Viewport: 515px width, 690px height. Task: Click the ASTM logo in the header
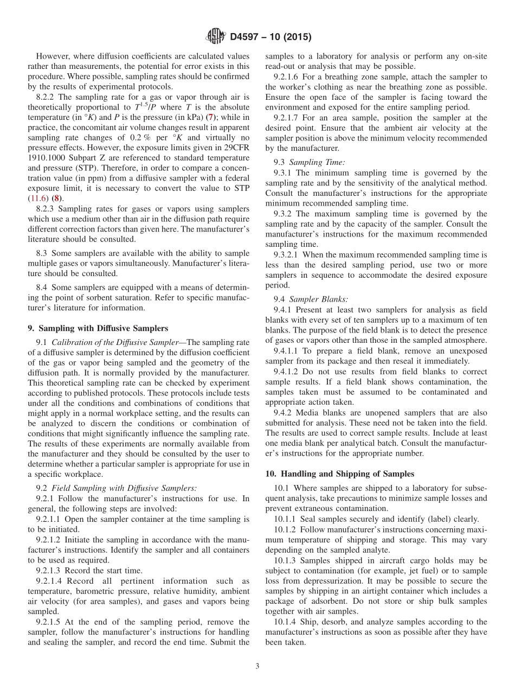216,37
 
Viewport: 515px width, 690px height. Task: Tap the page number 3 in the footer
257,666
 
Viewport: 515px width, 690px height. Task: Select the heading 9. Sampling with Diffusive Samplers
98,328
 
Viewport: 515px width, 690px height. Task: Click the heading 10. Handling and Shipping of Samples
339,474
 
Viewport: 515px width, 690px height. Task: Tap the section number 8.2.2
47,97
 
